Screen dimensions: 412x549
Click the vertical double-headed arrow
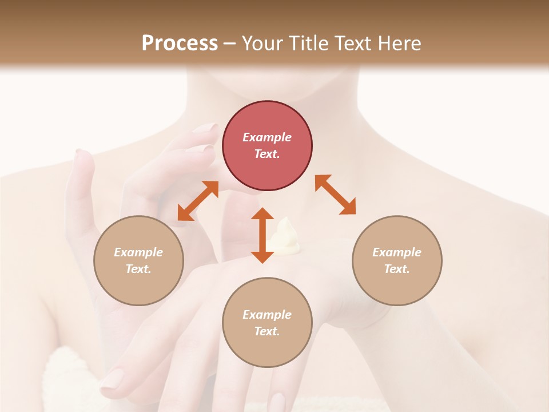(x=262, y=235)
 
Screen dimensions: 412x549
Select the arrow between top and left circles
(x=198, y=200)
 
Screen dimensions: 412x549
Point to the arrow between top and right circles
(x=335, y=195)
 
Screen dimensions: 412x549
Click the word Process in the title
(x=180, y=43)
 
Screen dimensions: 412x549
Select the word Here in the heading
(x=400, y=43)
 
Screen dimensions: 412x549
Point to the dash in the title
(x=229, y=43)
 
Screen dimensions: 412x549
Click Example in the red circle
(x=267, y=137)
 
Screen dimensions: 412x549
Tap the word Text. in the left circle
(x=138, y=269)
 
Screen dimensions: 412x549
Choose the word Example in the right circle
(x=397, y=252)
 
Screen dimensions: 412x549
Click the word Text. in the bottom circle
(x=267, y=331)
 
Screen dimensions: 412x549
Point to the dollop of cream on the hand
(x=284, y=236)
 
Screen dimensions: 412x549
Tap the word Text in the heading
(x=353, y=43)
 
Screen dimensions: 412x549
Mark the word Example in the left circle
(x=138, y=252)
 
